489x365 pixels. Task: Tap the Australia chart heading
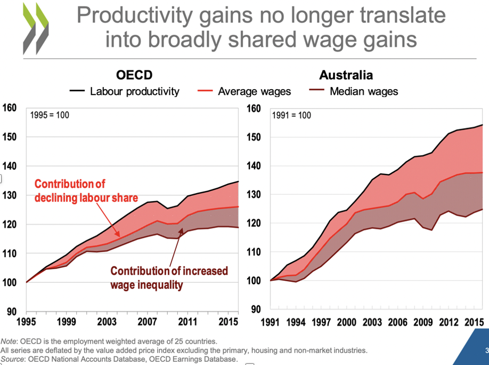pyautogui.click(x=346, y=75)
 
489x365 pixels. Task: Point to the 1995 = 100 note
pyautogui.click(x=50, y=115)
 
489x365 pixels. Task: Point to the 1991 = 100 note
pyautogui.click(x=292, y=115)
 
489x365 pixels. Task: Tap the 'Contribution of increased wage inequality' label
pyautogui.click(x=168, y=277)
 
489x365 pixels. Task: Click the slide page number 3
pyautogui.click(x=486, y=351)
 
